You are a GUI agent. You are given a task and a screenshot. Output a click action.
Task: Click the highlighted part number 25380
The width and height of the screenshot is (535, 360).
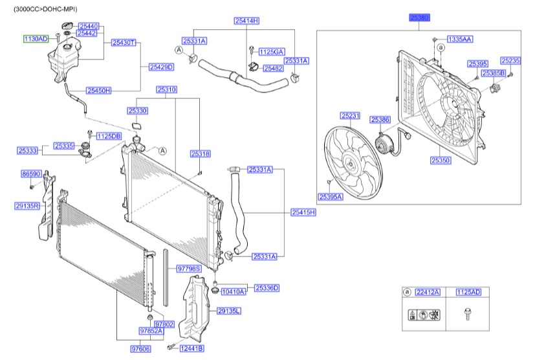[x=419, y=19]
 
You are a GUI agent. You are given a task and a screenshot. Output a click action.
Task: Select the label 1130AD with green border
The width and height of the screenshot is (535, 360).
[x=36, y=39]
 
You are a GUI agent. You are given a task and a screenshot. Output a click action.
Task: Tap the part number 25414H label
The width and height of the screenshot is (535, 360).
[x=246, y=21]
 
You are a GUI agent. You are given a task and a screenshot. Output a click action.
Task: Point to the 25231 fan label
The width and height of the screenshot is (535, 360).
[x=349, y=116]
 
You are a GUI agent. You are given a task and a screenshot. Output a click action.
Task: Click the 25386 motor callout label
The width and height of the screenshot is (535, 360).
[x=380, y=120]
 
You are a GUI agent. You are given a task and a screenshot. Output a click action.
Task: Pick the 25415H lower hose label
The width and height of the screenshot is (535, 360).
[x=303, y=212]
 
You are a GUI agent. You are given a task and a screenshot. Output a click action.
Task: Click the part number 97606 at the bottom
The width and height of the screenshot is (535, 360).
[x=140, y=348]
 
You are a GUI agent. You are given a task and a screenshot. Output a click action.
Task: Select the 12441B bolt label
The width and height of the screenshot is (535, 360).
[x=191, y=348]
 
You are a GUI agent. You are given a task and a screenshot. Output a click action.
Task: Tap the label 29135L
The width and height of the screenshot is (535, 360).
[x=228, y=311]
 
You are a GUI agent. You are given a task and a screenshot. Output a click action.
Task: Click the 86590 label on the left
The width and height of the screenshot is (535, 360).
[x=31, y=174]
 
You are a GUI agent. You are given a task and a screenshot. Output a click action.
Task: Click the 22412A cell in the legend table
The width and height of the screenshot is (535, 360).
[x=428, y=293]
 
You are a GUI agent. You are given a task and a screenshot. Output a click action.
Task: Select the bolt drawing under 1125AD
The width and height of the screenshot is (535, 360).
[x=467, y=315]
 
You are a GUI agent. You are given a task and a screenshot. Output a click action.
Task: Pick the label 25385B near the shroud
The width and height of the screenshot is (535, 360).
[x=492, y=73]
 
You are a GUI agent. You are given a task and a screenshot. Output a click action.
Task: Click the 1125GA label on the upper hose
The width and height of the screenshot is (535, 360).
[x=271, y=51]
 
